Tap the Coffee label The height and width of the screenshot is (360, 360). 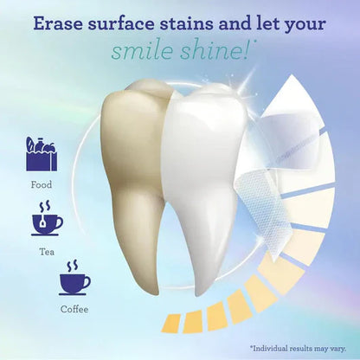(74, 306)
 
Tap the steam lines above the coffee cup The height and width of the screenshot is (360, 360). (74, 263)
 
